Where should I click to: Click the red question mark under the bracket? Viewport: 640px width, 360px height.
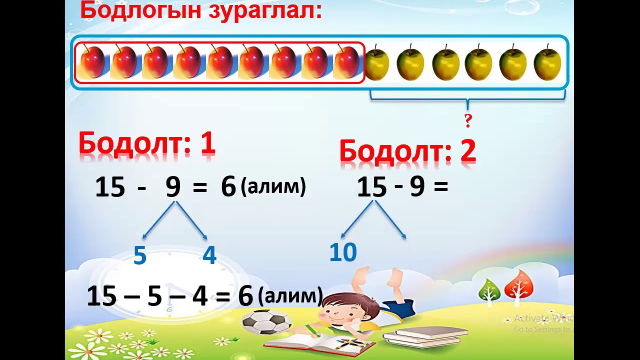(468, 120)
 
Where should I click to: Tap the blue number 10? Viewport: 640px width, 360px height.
(343, 252)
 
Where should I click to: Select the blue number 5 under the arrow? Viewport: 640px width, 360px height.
(140, 255)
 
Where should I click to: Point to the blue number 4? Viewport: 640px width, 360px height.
(209, 255)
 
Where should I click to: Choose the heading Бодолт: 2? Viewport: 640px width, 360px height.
(407, 150)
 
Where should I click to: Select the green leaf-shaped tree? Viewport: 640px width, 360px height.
(489, 290)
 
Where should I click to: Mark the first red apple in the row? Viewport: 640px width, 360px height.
(93, 62)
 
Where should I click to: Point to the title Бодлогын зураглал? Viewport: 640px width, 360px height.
(201, 10)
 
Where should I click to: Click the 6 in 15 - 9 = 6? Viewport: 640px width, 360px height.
(228, 187)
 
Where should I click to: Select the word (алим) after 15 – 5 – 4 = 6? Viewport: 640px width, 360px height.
(290, 296)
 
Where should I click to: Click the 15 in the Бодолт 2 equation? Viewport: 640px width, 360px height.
(372, 188)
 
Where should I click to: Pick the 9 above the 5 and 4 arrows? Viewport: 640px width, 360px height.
(173, 187)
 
